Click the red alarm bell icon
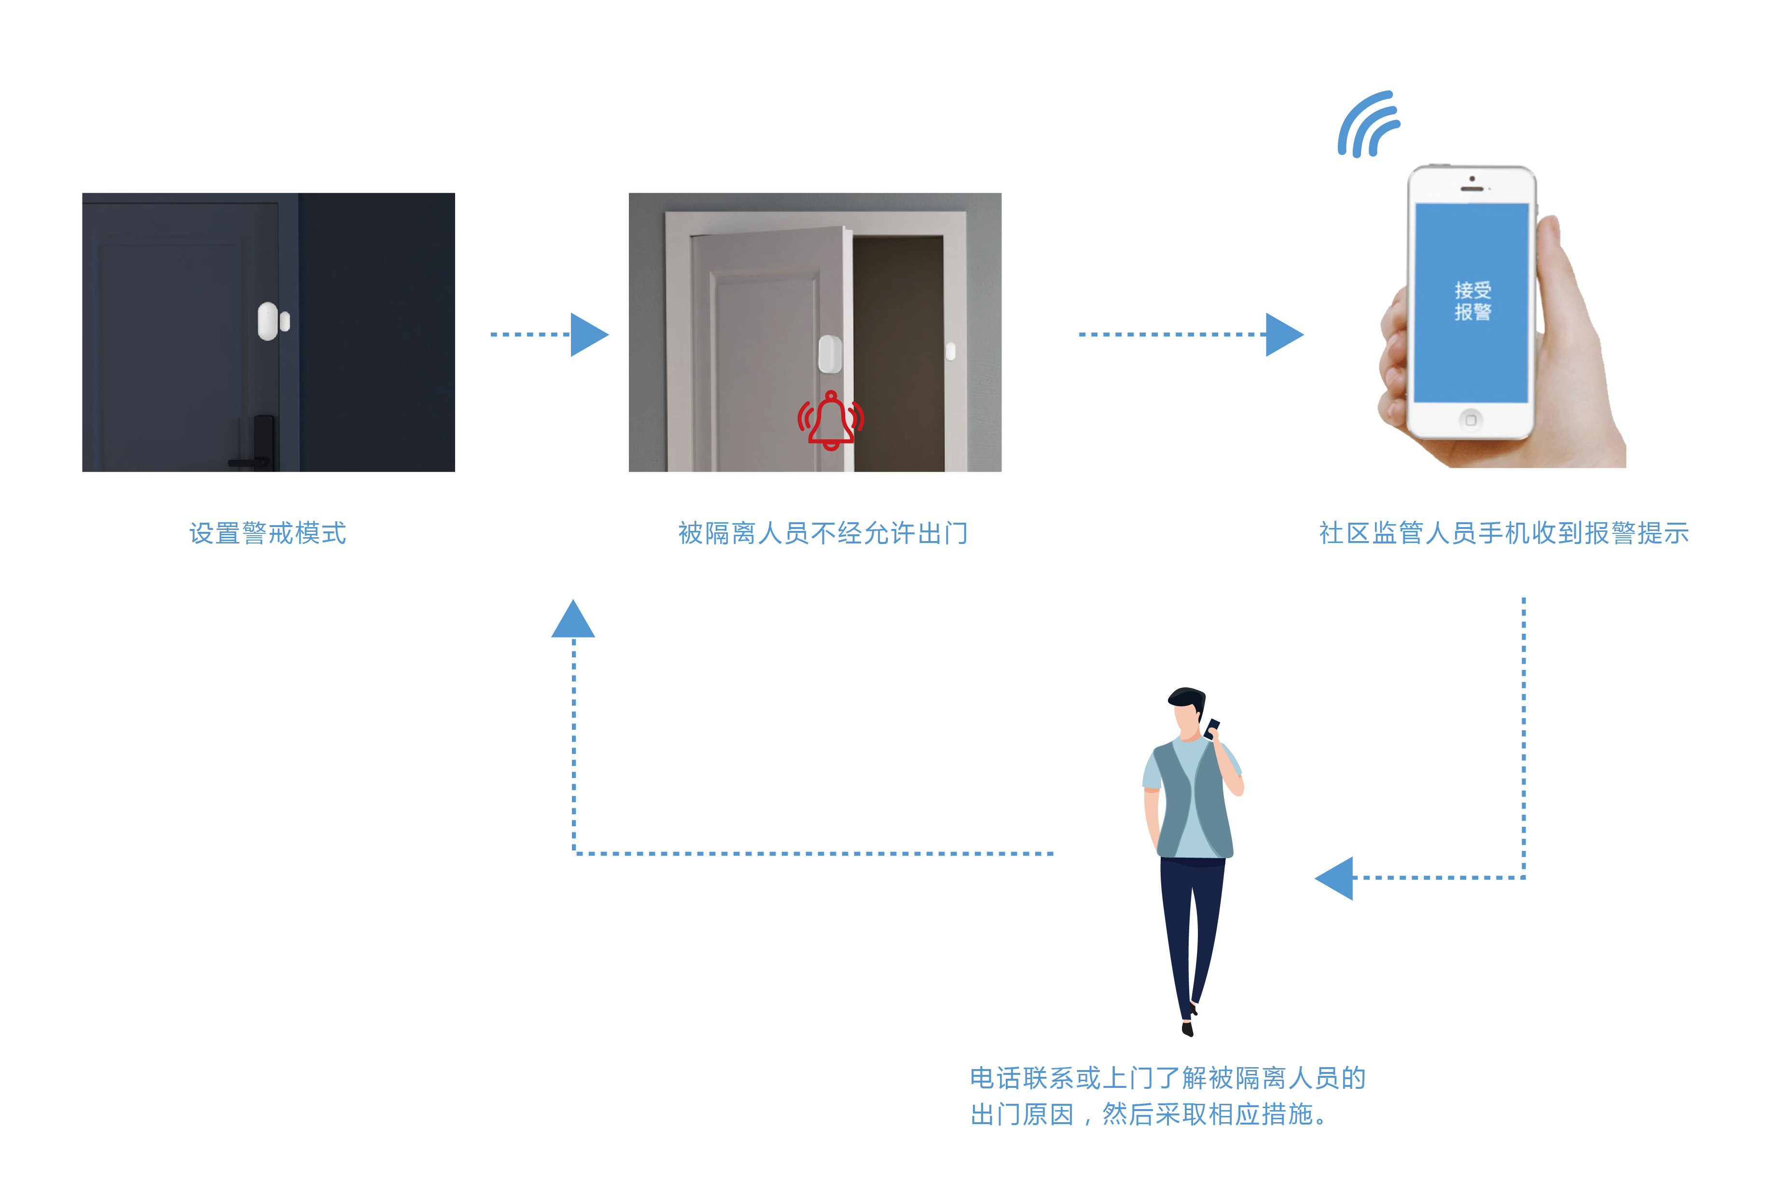click(831, 420)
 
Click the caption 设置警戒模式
click(268, 533)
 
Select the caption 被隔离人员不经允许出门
click(823, 533)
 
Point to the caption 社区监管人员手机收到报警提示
click(1504, 533)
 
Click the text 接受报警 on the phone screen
click(1472, 301)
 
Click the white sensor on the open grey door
click(830, 354)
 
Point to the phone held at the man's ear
click(1212, 728)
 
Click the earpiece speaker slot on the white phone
click(1472, 188)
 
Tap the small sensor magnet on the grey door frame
click(950, 351)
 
